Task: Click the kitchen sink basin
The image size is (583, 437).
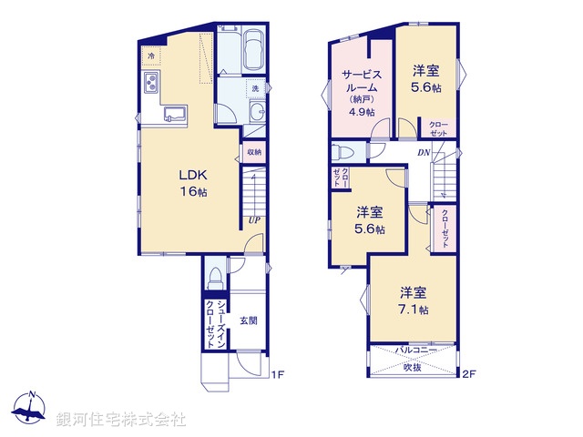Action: tap(175, 115)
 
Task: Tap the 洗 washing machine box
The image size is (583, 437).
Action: tap(256, 88)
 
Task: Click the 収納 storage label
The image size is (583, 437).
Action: tap(254, 153)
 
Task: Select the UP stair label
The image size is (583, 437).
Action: tap(253, 219)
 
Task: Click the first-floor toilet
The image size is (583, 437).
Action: tap(215, 274)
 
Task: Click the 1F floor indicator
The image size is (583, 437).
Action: tap(280, 373)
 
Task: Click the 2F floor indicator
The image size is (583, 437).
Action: tap(469, 373)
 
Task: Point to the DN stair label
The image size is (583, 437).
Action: tap(424, 153)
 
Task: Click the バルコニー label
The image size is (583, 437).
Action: tap(414, 349)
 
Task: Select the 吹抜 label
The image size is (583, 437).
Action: tap(414, 367)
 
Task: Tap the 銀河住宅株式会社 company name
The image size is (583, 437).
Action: tap(121, 420)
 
